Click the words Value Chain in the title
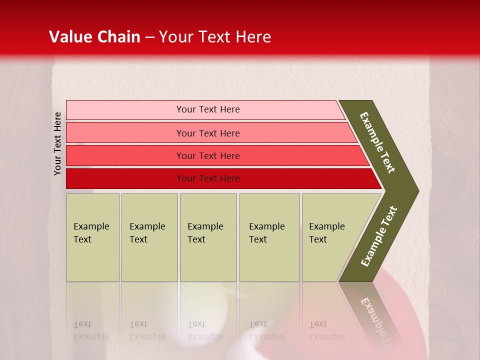94,37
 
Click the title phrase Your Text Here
215,37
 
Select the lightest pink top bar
125,110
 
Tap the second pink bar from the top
125,133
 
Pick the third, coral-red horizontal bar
125,155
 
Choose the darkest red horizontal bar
125,178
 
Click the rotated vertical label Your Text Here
58,143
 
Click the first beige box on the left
92,237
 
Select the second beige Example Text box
149,237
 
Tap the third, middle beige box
208,237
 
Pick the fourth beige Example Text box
269,237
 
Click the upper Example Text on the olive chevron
377,142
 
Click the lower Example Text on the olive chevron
379,236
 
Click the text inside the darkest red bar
208,178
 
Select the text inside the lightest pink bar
208,109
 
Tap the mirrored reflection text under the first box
91,330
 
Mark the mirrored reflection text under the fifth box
327,330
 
